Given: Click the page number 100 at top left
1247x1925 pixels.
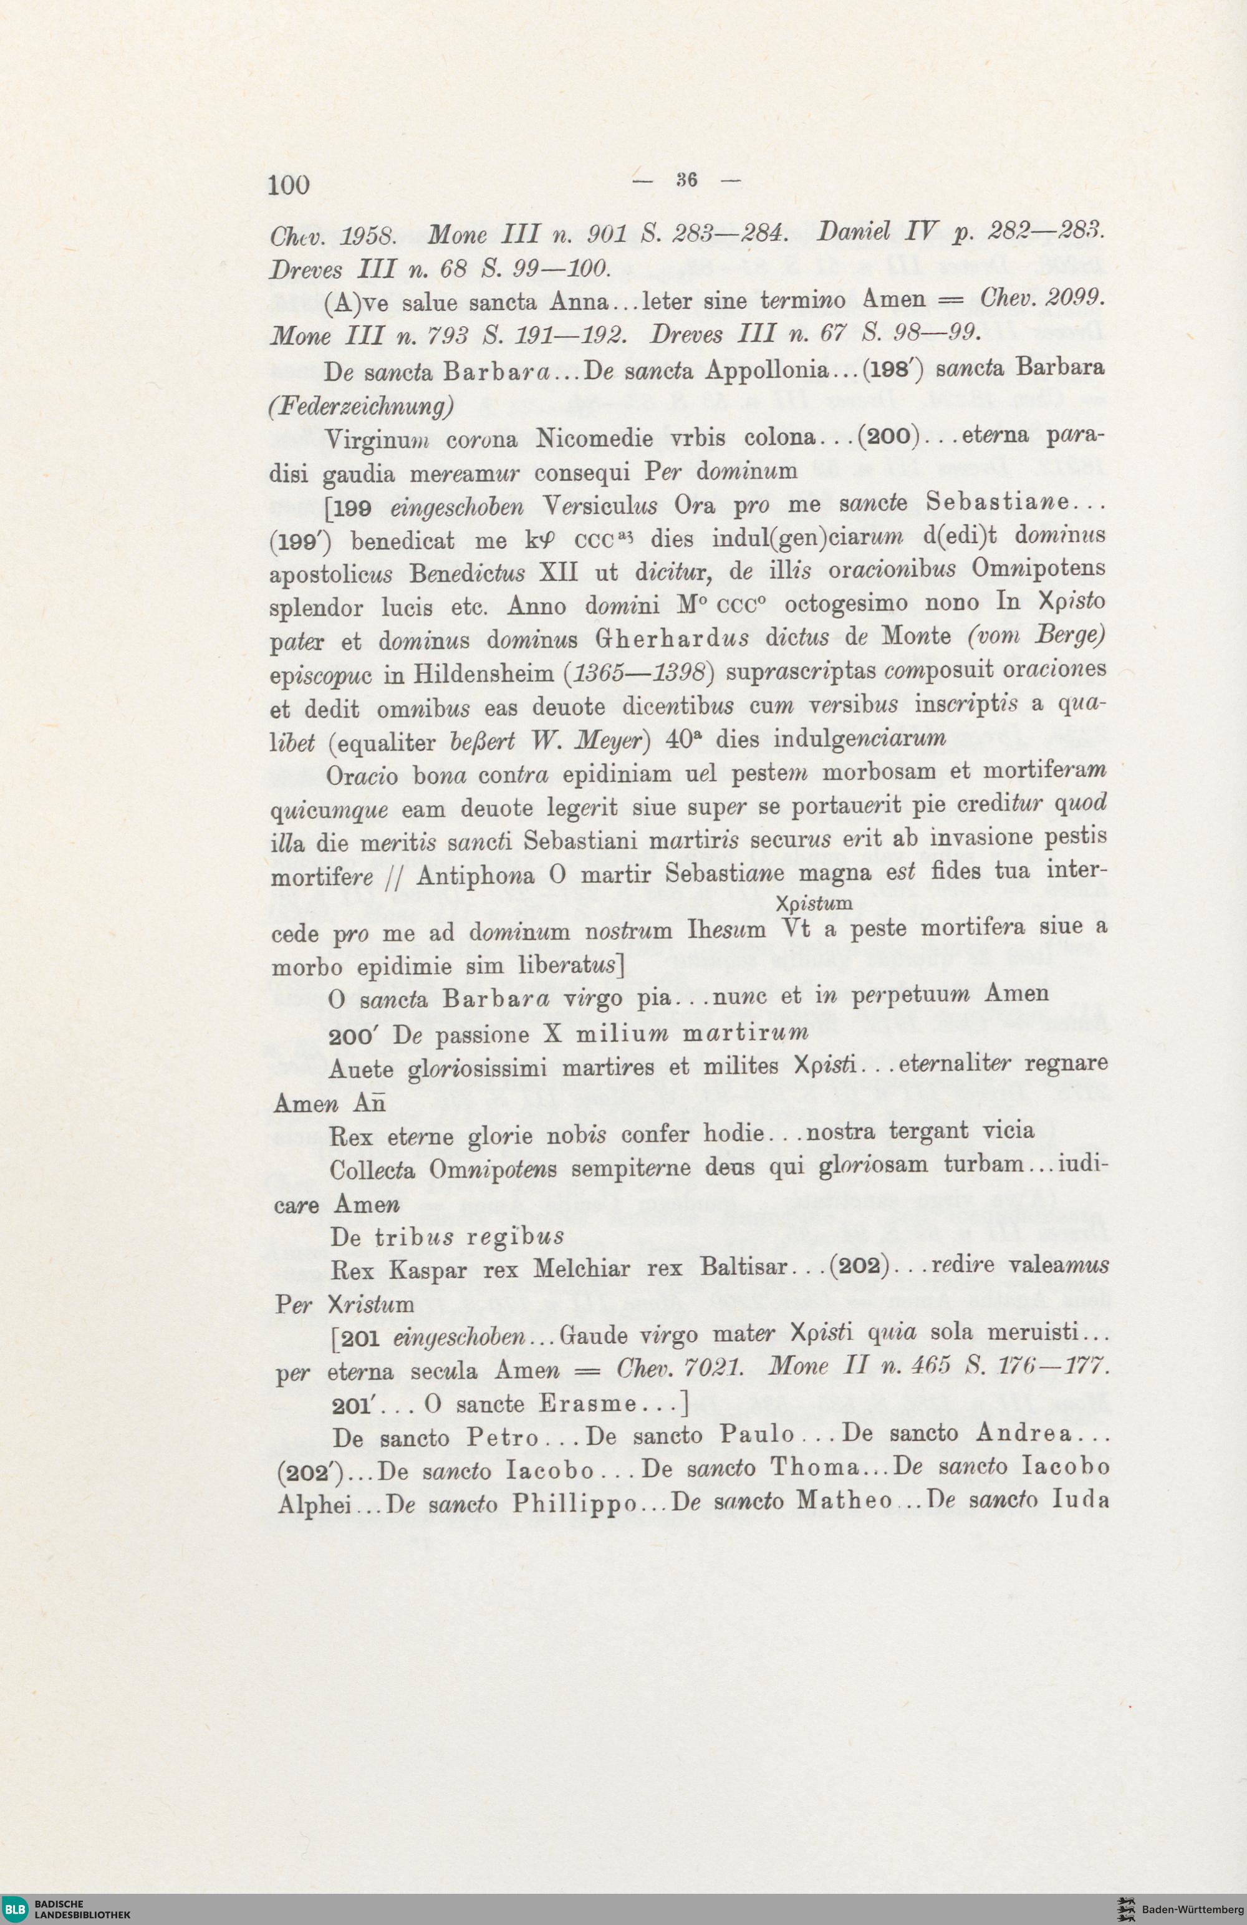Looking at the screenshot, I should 288,185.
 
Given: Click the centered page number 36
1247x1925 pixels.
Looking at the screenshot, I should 686,180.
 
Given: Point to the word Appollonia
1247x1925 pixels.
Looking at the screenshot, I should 768,370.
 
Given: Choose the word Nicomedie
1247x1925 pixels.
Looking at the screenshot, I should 594,438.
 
